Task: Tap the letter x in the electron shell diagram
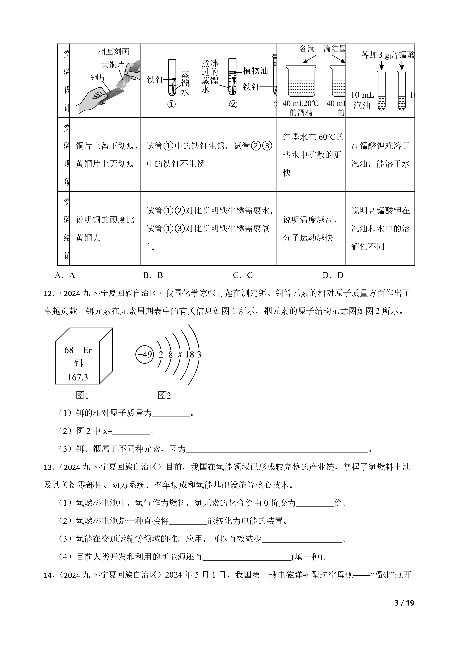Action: (180, 354)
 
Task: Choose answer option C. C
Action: (242, 275)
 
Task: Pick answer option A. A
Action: (65, 275)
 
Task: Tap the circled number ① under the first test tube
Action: (172, 105)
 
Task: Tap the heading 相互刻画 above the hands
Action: (113, 52)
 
